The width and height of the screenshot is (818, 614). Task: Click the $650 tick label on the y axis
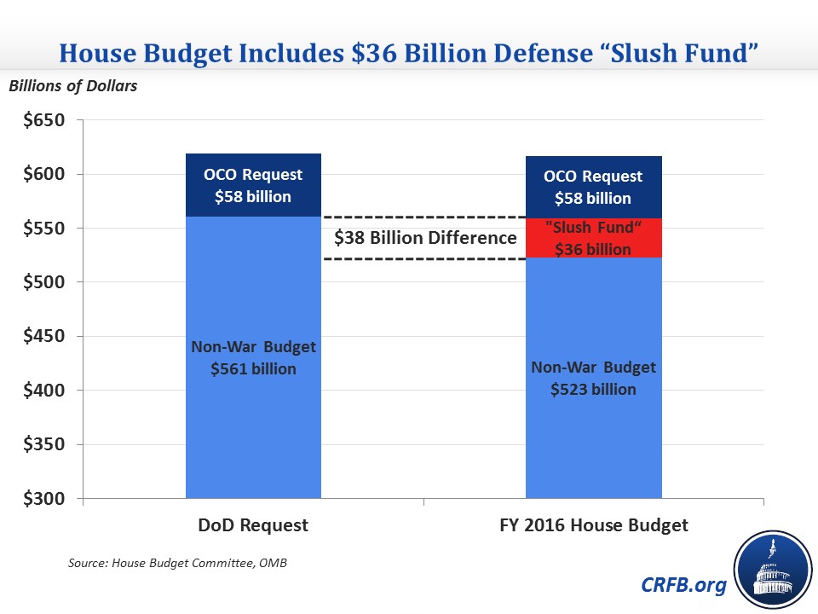pyautogui.click(x=42, y=120)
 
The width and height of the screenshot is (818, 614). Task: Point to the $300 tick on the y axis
pyautogui.click(x=42, y=499)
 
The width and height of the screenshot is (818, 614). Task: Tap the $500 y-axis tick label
pyautogui.click(x=42, y=282)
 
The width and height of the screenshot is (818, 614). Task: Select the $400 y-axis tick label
pyautogui.click(x=42, y=391)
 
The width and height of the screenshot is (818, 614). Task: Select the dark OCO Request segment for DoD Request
pyautogui.click(x=253, y=185)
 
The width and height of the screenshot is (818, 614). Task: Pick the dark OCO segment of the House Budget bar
pyautogui.click(x=594, y=187)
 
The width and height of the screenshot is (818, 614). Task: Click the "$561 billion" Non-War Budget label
pyautogui.click(x=253, y=369)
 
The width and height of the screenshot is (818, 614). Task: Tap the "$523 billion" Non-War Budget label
pyautogui.click(x=594, y=390)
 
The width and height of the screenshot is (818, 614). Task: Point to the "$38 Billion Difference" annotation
pyautogui.click(x=425, y=237)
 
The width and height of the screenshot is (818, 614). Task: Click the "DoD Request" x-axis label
pyautogui.click(x=252, y=525)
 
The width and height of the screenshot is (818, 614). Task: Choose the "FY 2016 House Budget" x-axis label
pyautogui.click(x=594, y=525)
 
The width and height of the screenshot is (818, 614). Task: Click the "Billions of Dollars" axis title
pyautogui.click(x=72, y=85)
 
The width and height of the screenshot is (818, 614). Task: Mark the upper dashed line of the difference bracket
pyautogui.click(x=423, y=217)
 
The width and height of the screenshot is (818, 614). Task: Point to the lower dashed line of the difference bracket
pyautogui.click(x=423, y=258)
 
